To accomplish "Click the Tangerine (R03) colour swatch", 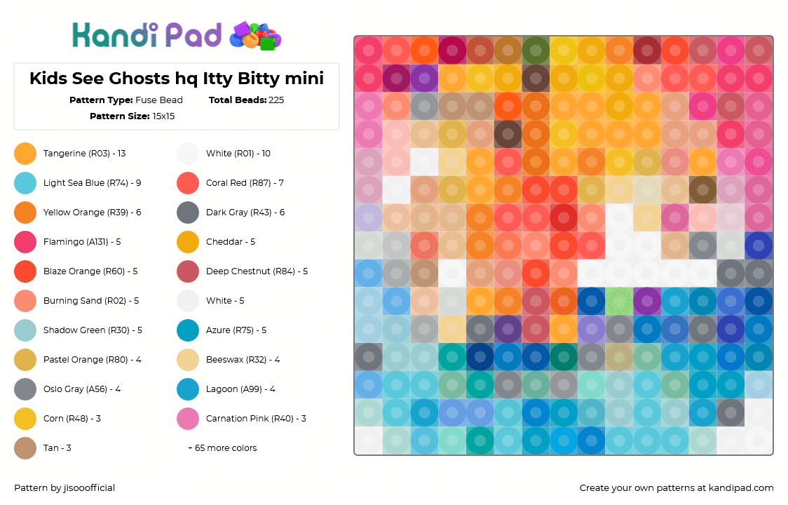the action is [x=25, y=154].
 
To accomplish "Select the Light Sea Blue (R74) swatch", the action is [x=25, y=183].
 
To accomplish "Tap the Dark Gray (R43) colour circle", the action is [x=188, y=213].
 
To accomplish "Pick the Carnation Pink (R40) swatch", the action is [x=188, y=419].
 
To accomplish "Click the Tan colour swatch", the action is [x=25, y=448].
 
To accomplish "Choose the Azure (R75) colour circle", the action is [x=188, y=330].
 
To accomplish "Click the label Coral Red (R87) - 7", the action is [x=245, y=183].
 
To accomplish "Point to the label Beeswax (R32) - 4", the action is [x=243, y=360].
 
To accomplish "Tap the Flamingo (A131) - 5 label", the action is [x=82, y=242].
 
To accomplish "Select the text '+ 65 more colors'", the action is [x=222, y=448].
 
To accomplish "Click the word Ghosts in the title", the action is [x=140, y=79].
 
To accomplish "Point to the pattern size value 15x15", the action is [x=163, y=116].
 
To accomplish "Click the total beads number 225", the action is [x=276, y=100].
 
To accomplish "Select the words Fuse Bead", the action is [x=159, y=100].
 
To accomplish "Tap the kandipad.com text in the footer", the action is [x=741, y=488].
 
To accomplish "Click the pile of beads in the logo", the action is [x=255, y=36].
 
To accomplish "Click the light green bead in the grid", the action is [x=619, y=301].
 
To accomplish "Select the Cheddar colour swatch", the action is [x=188, y=242].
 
